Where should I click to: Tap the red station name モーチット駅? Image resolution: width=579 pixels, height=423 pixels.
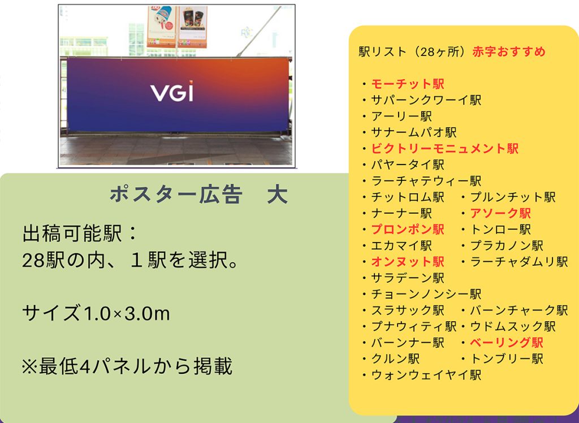pyautogui.click(x=408, y=84)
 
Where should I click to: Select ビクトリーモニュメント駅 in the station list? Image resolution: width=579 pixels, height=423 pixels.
pyautogui.click(x=445, y=149)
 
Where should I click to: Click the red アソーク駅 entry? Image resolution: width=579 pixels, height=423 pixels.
pyautogui.click(x=500, y=213)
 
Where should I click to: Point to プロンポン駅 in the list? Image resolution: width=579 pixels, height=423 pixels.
pyautogui.click(x=408, y=230)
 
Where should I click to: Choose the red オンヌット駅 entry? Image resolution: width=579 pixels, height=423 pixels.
pyautogui.click(x=408, y=262)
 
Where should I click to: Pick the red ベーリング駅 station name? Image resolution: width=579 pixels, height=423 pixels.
pyautogui.click(x=506, y=343)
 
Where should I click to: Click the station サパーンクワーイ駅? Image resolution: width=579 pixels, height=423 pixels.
pyautogui.click(x=426, y=100)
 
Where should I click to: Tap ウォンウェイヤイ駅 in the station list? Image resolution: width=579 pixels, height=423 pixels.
pyautogui.click(x=426, y=375)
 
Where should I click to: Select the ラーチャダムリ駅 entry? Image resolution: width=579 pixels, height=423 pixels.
pyautogui.click(x=519, y=262)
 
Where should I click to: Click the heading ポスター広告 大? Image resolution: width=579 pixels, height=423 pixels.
pyautogui.click(x=198, y=195)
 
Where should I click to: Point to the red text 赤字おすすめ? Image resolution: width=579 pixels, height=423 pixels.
pyautogui.click(x=509, y=51)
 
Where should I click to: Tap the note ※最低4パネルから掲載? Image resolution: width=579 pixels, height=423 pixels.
pyautogui.click(x=127, y=366)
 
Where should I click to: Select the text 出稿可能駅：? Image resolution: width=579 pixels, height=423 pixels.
pyautogui.click(x=80, y=234)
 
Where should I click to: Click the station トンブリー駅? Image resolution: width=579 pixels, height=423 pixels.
pyautogui.click(x=506, y=359)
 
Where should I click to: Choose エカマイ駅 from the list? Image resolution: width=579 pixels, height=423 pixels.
pyautogui.click(x=401, y=245)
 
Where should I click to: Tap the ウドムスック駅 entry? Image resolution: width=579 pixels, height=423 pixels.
pyautogui.click(x=512, y=326)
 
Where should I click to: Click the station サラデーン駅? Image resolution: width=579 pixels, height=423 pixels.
pyautogui.click(x=408, y=278)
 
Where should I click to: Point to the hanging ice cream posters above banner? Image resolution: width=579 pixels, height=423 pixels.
pyautogui.click(x=177, y=26)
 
